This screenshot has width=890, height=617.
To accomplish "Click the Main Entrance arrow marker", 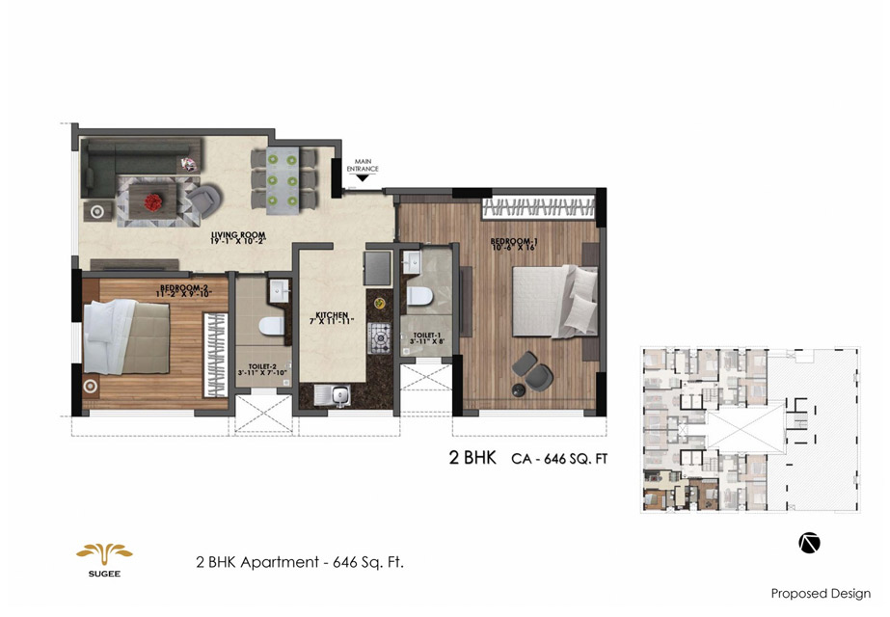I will pyautogui.click(x=364, y=177).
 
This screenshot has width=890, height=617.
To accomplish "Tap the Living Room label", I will pyautogui.click(x=238, y=238).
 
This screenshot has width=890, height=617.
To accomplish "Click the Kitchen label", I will pyautogui.click(x=330, y=318).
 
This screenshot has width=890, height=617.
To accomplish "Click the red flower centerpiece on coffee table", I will pyautogui.click(x=153, y=201).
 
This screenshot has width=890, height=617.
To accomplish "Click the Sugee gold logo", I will pyautogui.click(x=104, y=554).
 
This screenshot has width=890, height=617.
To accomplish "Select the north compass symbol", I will pyautogui.click(x=809, y=543).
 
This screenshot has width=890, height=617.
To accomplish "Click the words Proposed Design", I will pyautogui.click(x=820, y=593).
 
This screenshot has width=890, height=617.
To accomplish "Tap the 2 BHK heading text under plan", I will pyautogui.click(x=472, y=458).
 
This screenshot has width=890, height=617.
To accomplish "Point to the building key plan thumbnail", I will pyautogui.click(x=749, y=430).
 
